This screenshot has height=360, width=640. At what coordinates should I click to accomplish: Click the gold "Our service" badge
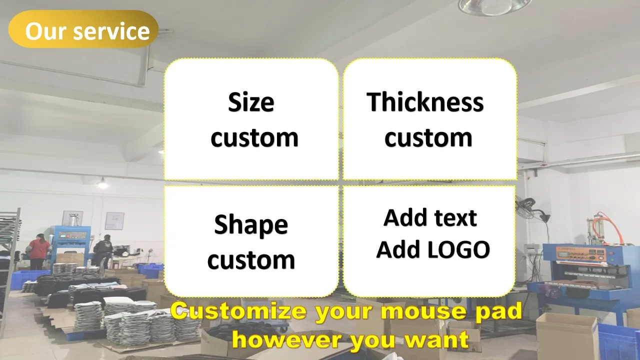83,29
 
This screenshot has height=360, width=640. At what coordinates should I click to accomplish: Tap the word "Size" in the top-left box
251,102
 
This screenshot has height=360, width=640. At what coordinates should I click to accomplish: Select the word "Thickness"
425,102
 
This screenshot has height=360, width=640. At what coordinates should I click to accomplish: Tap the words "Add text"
430,217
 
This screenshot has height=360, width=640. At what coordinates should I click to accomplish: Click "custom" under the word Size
254,137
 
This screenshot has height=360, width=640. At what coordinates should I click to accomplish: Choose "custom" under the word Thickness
428,137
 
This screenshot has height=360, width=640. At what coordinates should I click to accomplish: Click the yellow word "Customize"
238,311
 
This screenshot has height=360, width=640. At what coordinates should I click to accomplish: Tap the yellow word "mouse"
423,312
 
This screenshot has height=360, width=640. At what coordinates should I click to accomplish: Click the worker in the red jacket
39,251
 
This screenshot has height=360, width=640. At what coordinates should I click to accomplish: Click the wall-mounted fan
531,208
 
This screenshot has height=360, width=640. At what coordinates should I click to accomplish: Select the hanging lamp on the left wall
103,183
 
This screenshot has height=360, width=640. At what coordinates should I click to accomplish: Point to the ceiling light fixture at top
495,7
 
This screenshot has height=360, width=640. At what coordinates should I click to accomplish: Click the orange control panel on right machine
580,253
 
